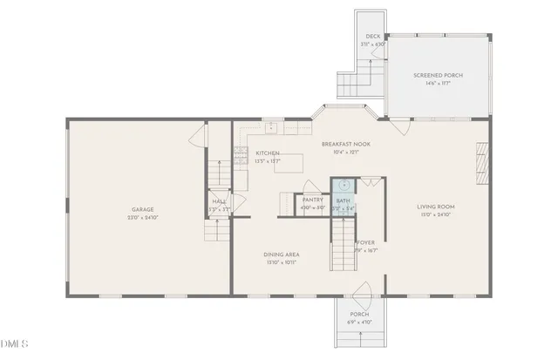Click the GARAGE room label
point(143,209)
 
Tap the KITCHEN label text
point(268,153)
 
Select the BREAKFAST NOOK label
point(346,144)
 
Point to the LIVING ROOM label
point(436,206)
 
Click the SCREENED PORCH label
point(438,75)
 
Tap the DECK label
point(372,37)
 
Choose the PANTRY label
point(313,200)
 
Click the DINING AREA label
point(281,255)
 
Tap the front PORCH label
point(360,315)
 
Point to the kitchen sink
point(271,127)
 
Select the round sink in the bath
point(344,185)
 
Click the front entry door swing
point(363,292)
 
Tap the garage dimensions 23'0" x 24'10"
point(143,216)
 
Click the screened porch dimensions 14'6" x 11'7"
point(438,83)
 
